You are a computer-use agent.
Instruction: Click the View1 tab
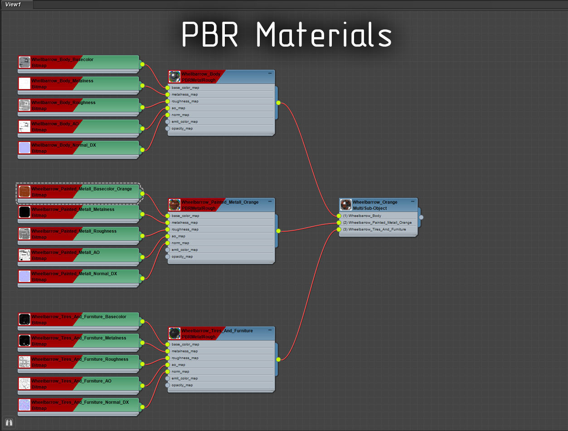13,5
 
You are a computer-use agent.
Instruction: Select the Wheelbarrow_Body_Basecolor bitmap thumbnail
24,62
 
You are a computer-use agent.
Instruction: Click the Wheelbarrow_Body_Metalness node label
62,81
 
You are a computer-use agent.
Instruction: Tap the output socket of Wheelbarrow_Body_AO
142,129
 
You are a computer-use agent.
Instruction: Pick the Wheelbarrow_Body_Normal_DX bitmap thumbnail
24,148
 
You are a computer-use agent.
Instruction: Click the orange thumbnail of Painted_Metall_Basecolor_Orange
24,192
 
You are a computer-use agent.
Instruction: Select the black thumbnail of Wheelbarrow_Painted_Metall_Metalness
24,212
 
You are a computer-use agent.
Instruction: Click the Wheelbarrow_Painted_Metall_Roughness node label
74,231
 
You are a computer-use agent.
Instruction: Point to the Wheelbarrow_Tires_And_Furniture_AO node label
71,381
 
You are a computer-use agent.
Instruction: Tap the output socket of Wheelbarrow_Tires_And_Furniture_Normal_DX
142,407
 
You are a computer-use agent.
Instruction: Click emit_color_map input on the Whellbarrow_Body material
185,122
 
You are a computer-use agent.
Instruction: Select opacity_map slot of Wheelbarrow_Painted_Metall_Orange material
182,257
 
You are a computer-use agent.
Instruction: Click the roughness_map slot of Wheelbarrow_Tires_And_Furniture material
185,358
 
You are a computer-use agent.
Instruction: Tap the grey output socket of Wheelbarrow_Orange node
421,217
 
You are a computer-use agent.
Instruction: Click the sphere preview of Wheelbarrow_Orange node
346,205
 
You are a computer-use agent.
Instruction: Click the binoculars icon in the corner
9,422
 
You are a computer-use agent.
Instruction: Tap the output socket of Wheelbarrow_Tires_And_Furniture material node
278,359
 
